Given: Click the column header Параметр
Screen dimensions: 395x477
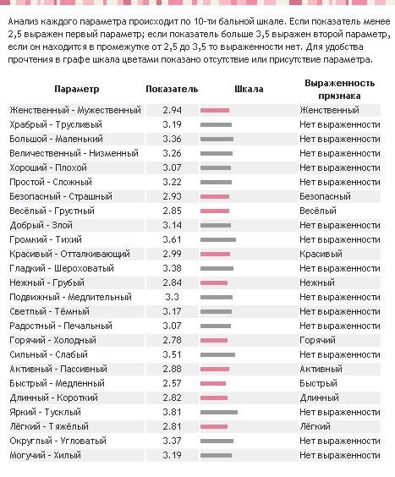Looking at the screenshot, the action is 77,89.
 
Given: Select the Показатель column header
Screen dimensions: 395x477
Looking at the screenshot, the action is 172,89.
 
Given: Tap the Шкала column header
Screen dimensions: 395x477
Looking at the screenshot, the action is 249,89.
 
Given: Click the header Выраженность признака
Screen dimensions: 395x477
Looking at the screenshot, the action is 340,90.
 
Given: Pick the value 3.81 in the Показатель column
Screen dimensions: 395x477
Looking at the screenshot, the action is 172,412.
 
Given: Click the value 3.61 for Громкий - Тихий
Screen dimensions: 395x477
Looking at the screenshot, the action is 172,239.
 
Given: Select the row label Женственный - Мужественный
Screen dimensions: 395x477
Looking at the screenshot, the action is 75,110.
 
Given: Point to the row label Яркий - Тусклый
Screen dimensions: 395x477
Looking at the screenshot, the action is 46,412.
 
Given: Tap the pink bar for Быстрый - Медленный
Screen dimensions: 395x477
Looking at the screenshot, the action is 213,384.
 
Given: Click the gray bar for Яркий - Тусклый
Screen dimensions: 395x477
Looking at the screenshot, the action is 219,413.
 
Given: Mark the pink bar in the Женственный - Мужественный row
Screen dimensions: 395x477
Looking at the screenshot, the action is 215,111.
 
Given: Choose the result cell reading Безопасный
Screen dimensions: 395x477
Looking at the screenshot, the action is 325,196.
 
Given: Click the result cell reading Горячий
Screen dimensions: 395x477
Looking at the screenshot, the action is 317,340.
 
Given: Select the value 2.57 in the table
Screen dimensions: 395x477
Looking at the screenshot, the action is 172,383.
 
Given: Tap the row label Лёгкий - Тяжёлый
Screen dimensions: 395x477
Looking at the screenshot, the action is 49,426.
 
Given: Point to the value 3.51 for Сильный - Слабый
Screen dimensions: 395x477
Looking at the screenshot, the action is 172,354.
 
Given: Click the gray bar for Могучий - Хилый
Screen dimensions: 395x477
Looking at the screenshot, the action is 216,455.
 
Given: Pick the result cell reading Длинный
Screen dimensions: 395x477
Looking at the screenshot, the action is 319,397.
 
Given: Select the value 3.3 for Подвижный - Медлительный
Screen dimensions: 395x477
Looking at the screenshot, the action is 172,297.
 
